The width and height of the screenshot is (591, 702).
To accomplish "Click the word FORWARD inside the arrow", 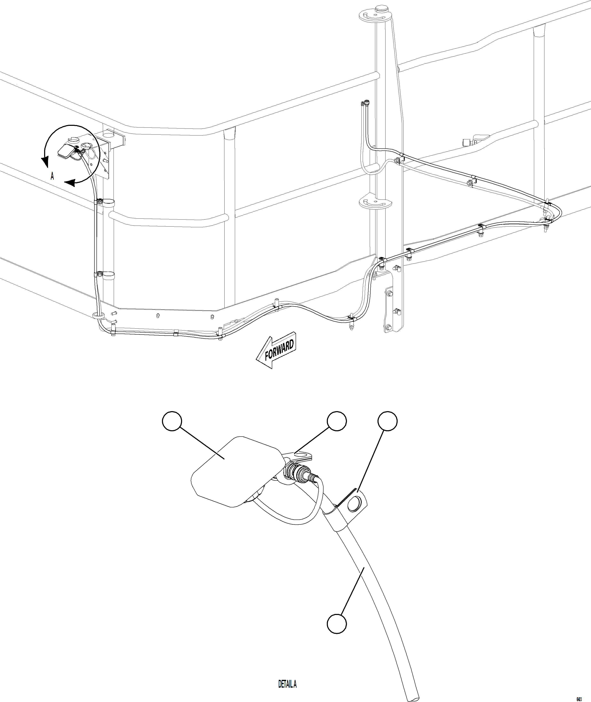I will pos(279,350).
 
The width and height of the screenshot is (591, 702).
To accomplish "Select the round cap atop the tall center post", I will pos(381,8).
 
